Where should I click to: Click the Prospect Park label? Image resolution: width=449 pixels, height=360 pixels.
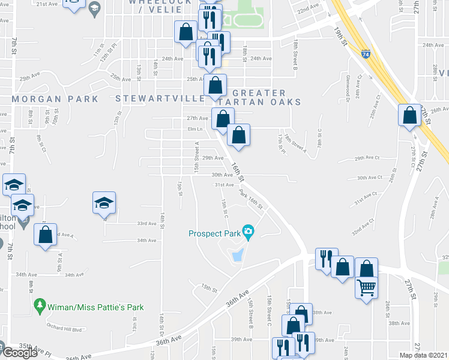pos(214,233)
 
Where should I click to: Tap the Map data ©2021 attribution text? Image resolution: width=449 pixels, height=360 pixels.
pos(423,355)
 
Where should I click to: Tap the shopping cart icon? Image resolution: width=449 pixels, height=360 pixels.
pos(366,287)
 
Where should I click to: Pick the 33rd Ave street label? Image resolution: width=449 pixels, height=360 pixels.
pos(146,223)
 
